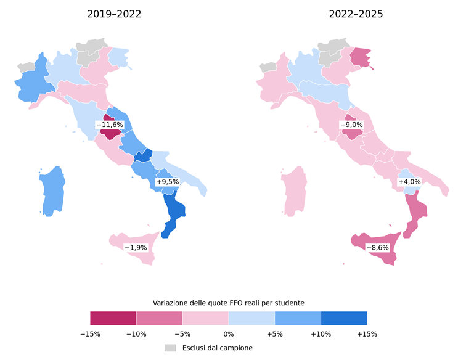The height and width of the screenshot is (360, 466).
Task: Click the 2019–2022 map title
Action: click(114, 14)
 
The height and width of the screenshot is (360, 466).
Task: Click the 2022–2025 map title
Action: click(356, 14)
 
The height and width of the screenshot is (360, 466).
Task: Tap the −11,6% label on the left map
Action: click(110, 125)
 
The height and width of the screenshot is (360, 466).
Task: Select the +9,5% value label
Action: click(168, 182)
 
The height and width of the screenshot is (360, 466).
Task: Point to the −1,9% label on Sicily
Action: click(136, 248)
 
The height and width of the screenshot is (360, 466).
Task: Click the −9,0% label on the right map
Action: click(351, 125)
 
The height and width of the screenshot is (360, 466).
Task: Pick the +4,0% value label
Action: click(409, 182)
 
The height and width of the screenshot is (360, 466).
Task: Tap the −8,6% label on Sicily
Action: click(377, 248)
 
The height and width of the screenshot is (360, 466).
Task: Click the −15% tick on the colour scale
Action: click(91, 334)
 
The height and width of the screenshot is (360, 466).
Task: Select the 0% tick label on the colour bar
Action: click(229, 334)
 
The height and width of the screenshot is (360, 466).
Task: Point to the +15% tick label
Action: click(367, 334)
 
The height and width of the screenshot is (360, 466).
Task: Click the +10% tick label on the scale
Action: click(321, 334)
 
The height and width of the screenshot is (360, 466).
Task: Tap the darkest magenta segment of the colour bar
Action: click(113, 318)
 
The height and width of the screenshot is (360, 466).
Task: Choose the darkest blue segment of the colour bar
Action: click(344, 318)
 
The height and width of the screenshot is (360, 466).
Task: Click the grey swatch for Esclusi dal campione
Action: click(170, 348)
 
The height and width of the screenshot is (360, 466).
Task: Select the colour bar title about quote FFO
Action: click(229, 303)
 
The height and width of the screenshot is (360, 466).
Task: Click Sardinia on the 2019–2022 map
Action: click(52, 191)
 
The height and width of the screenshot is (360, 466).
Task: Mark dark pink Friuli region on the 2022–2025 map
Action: click(361, 57)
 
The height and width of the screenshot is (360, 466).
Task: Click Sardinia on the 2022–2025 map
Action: click(294, 191)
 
